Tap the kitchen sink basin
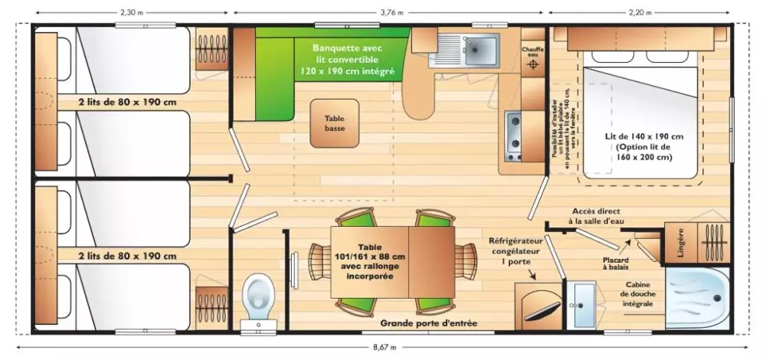click(x=480, y=49)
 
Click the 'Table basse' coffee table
click(x=334, y=124)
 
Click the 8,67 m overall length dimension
click(x=385, y=349)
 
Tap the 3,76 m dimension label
click(x=391, y=12)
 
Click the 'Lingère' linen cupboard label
click(x=680, y=242)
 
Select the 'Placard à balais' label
click(x=615, y=263)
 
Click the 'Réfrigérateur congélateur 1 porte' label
click(x=516, y=251)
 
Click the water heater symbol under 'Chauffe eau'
click(x=532, y=66)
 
